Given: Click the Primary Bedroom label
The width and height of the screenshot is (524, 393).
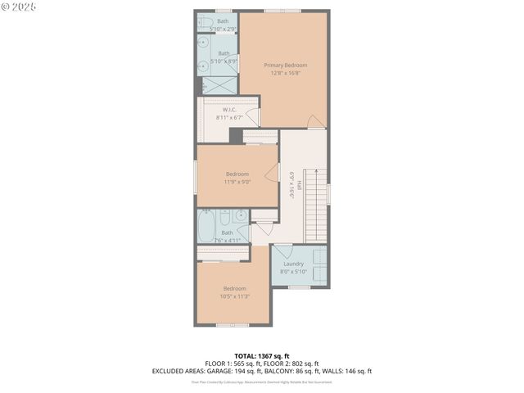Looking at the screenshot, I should pos(285,65).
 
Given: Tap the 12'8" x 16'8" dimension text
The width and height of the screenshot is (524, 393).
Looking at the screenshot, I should pos(285,73).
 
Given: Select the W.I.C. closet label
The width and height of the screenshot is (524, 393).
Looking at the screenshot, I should pos(230,110).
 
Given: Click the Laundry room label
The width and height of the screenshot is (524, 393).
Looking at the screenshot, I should pos(293,264).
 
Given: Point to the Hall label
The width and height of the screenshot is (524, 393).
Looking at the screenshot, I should pos(299,187).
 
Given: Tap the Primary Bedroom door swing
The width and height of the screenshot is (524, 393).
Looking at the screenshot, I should pos(315,121).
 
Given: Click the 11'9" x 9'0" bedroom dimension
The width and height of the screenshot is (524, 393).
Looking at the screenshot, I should pos(237,182).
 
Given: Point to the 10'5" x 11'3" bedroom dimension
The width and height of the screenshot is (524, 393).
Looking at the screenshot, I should pos(234,296).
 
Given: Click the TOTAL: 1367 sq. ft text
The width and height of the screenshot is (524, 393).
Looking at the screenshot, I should pos(261,356).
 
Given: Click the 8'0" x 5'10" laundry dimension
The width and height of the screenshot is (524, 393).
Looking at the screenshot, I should pos(293,272).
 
